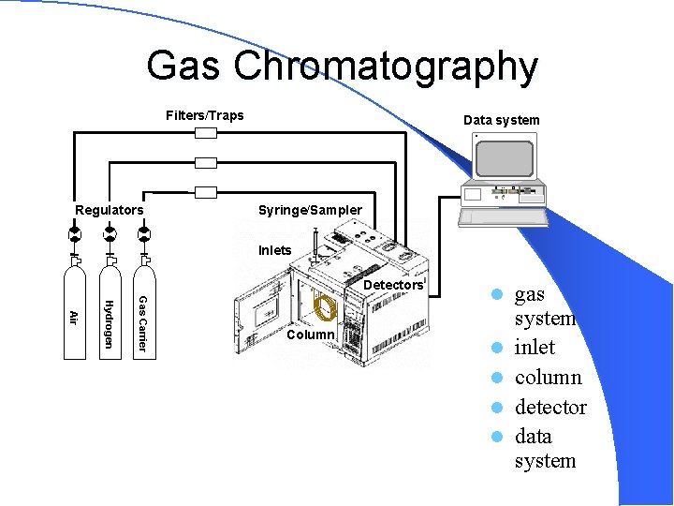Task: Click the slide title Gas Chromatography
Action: click(x=342, y=67)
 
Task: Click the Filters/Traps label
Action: click(x=204, y=115)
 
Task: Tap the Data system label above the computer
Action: click(x=501, y=120)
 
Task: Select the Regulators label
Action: click(x=110, y=210)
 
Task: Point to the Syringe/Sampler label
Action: click(x=310, y=210)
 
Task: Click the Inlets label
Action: click(x=275, y=250)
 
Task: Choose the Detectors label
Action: click(x=392, y=285)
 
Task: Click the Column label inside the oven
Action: click(x=311, y=335)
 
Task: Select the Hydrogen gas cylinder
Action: click(x=110, y=314)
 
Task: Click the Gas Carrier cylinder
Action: click(x=143, y=314)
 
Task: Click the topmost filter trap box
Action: click(x=206, y=133)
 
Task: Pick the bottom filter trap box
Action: click(x=206, y=192)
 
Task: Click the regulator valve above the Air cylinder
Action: click(x=75, y=233)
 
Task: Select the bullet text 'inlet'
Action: click(x=535, y=348)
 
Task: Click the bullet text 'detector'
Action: click(x=550, y=408)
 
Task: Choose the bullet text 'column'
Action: click(x=548, y=378)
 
